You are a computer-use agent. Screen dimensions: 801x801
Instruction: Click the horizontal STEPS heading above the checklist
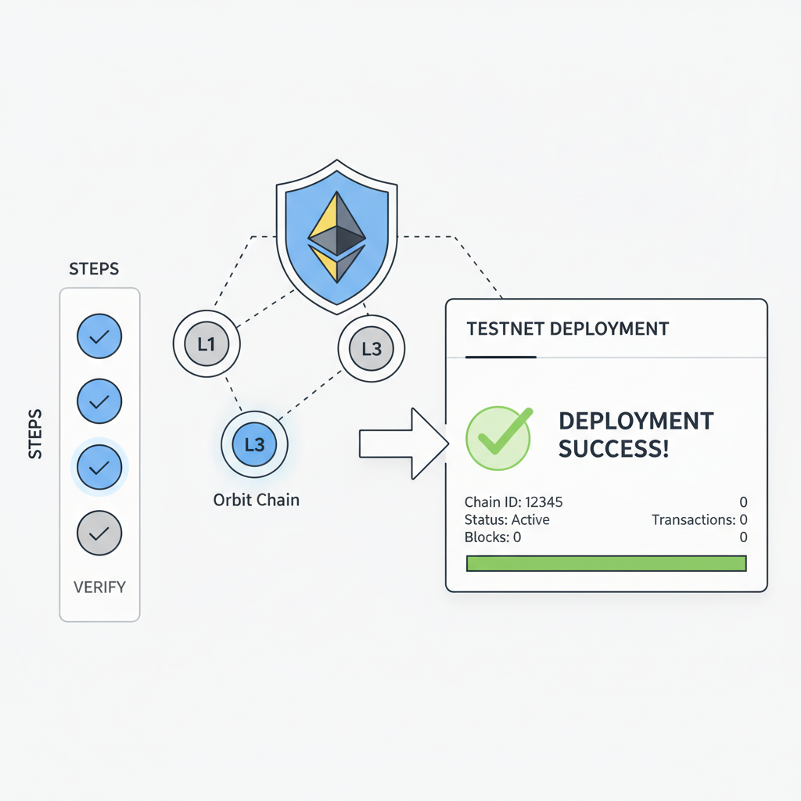click(94, 269)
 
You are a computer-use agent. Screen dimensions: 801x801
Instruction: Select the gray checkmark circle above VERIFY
click(99, 533)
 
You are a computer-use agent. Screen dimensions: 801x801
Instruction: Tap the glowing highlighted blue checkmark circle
click(99, 468)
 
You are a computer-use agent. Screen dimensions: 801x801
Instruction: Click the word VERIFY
click(99, 587)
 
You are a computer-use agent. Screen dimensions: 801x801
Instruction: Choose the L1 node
click(206, 343)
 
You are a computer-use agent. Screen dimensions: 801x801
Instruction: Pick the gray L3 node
click(371, 347)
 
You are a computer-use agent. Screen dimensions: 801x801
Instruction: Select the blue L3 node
click(255, 445)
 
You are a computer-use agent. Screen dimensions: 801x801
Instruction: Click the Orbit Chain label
click(257, 499)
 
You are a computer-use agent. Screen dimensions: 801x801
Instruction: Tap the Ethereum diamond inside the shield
click(337, 235)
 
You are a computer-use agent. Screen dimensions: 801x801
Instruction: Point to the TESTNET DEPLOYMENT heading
click(568, 329)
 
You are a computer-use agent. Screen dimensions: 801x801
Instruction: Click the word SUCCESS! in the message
click(613, 450)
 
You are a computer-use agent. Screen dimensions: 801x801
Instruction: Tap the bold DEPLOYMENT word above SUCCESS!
click(636, 421)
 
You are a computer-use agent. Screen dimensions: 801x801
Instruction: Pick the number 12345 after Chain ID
click(544, 502)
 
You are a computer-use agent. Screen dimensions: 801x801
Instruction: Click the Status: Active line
click(507, 519)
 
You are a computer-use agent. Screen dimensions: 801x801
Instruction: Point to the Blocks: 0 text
click(493, 537)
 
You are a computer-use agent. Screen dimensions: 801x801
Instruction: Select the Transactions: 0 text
click(699, 519)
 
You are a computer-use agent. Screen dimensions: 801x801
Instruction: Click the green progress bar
click(606, 563)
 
